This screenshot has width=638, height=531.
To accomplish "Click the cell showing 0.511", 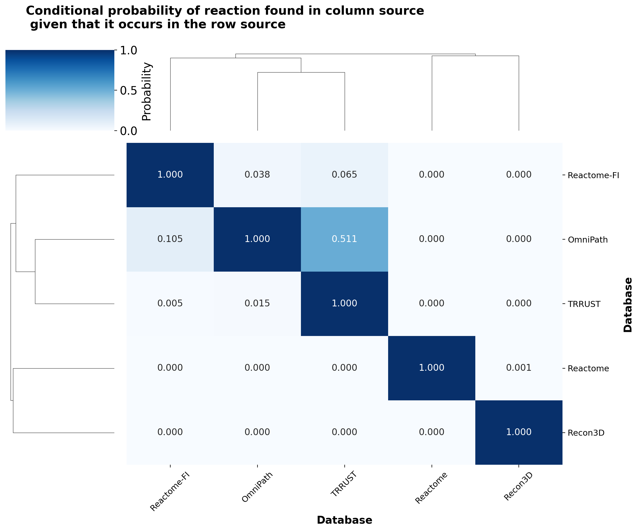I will [344, 239].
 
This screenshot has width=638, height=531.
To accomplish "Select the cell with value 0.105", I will [170, 239].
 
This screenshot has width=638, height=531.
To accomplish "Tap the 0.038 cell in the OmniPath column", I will [257, 175].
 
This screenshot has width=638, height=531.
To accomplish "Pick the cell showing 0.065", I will [344, 175].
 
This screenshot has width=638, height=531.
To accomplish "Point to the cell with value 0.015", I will [257, 303].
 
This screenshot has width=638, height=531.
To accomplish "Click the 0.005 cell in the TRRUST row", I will [170, 303].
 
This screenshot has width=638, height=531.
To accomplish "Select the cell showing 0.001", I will [518, 368].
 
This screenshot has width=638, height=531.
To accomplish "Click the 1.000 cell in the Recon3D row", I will [518, 432].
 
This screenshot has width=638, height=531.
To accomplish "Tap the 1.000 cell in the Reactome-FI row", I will [170, 175].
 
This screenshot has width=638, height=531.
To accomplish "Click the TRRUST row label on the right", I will [584, 304].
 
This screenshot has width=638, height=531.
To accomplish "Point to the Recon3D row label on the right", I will [586, 433].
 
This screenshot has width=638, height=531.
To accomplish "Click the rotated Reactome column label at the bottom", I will [431, 488].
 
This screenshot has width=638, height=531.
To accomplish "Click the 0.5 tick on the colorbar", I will [128, 90].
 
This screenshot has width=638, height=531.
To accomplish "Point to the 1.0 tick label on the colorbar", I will [128, 51].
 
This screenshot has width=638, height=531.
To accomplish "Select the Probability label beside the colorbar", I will [146, 92].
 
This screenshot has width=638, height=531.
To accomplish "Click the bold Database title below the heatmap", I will [344, 520].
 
